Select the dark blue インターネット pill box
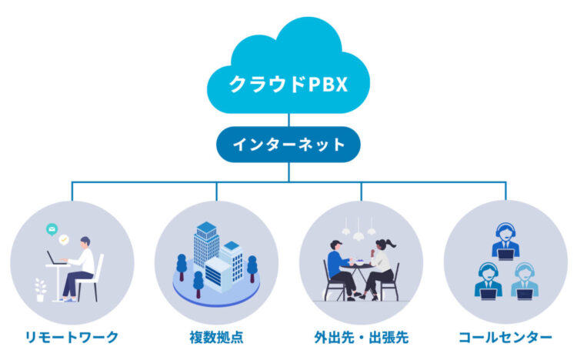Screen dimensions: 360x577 click(x=288, y=144)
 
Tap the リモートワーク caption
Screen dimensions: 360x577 click(x=72, y=337)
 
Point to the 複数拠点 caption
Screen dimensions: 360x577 click(x=216, y=337)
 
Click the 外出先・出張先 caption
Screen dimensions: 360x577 click(x=361, y=337)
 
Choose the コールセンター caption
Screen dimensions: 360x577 click(x=505, y=337)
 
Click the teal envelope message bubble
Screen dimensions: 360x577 click(x=52, y=229)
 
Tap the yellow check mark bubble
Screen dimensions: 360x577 click(x=65, y=239)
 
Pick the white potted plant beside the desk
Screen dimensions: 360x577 click(x=41, y=289)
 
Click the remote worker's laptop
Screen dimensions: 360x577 click(x=55, y=258)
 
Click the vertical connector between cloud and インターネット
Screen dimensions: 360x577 click(x=288, y=119)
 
